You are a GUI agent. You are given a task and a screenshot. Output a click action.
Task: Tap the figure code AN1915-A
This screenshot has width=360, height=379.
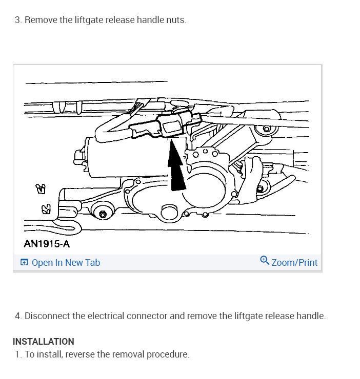point(47,244)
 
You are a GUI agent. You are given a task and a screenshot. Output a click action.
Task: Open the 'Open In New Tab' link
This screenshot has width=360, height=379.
point(66,263)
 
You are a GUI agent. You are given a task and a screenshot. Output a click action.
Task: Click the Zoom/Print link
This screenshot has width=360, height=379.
point(294,263)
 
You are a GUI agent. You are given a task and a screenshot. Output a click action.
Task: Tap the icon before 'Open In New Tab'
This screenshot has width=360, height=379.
point(24,263)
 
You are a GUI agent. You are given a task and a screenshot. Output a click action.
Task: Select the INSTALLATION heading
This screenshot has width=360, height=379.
point(44,341)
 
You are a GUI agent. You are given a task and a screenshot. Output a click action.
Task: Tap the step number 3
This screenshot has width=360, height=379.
point(18,20)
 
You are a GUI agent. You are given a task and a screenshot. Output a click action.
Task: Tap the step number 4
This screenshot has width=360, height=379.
point(18,316)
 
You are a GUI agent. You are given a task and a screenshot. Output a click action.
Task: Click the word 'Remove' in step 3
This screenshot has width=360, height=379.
point(39,20)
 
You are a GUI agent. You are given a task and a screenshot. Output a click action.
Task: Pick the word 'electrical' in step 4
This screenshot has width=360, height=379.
point(109,316)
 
